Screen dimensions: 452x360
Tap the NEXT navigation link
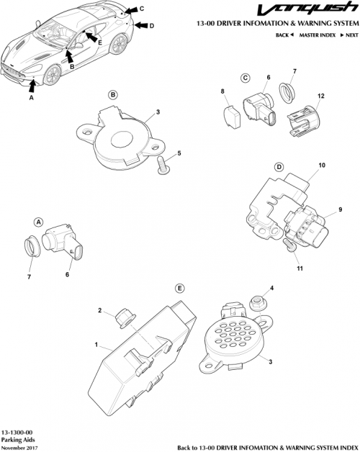[x=350, y=35]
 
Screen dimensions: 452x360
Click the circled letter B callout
[x=113, y=94]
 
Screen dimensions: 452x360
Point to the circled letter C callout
[x=245, y=78]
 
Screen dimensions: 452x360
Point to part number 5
[x=179, y=153]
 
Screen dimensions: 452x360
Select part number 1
[x=95, y=345]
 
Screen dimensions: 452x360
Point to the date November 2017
[x=19, y=448]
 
